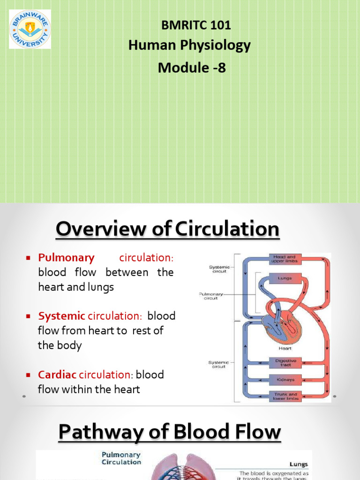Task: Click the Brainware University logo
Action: (30, 29)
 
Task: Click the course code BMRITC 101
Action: (196, 25)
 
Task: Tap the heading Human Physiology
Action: (189, 45)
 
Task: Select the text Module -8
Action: (192, 67)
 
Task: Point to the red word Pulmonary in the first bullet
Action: (67, 257)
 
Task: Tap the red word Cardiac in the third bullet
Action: (58, 375)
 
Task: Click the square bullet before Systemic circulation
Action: (28, 316)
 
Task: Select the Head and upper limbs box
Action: (285, 259)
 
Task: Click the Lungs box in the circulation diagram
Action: (285, 278)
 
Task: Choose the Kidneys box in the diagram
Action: (285, 379)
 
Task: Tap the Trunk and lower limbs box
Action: (285, 396)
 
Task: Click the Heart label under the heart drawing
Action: (285, 348)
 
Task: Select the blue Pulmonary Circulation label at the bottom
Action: (121, 458)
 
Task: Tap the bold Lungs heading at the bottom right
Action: (298, 464)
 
